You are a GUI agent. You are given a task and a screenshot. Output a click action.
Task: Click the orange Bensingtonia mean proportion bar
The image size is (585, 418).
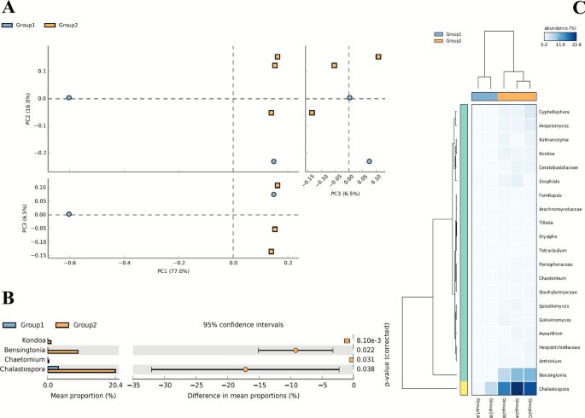pos(64,351)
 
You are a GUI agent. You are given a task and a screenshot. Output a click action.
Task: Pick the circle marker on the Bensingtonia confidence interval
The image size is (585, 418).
pos(295,350)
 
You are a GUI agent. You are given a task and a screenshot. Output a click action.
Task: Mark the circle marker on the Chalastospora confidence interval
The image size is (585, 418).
pos(245,369)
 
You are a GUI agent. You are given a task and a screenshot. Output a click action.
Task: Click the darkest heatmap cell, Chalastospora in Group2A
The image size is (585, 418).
pos(515,388)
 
